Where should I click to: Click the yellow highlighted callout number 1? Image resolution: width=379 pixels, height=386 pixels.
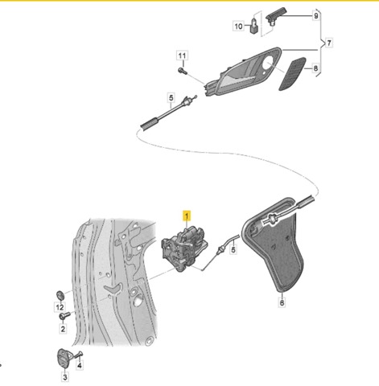[187, 216]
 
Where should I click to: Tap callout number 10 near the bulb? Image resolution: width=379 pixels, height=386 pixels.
[238, 27]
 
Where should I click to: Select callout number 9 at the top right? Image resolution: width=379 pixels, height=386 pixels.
[316, 16]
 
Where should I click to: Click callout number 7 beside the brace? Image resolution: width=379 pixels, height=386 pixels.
[329, 43]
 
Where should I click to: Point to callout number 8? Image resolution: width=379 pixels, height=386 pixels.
[315, 68]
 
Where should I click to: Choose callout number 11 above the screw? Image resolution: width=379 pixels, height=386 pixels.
[182, 55]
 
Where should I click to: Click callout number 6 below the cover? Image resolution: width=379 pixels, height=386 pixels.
[282, 302]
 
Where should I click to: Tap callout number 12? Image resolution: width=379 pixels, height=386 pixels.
[60, 307]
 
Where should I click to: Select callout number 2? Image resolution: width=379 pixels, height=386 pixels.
[63, 329]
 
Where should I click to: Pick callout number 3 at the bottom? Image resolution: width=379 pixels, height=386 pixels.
[65, 377]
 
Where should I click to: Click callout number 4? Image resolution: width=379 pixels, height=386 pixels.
[80, 364]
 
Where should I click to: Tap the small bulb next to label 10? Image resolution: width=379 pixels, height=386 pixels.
[253, 26]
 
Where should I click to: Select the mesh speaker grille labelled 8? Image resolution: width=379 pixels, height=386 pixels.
[292, 74]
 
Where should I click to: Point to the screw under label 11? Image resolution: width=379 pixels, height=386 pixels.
[182, 71]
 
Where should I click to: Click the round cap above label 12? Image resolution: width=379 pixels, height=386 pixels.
[60, 294]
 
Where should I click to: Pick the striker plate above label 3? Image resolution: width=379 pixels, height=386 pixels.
[64, 359]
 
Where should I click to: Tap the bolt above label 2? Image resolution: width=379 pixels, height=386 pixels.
[64, 315]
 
